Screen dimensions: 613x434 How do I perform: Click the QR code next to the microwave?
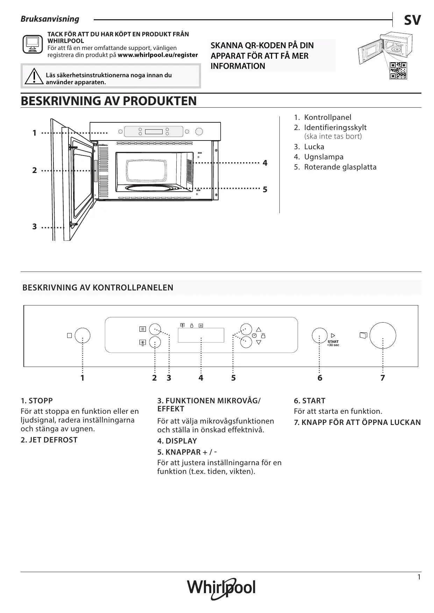tap(398, 71)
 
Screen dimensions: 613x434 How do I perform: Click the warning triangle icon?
tap(34, 77)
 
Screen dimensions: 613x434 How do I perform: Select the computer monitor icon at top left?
tap(32, 44)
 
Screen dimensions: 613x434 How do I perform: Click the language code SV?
tap(412, 20)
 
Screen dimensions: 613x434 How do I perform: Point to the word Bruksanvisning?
tap(50, 19)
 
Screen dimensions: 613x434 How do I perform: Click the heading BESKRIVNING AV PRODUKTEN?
tap(109, 101)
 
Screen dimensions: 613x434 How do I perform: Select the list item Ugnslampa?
tap(323, 157)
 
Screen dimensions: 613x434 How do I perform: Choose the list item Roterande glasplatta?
tap(340, 167)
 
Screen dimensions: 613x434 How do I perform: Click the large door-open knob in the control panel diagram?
tap(383, 336)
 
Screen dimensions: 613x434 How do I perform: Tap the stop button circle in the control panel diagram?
tap(83, 336)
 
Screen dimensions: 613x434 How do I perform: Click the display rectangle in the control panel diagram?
tap(201, 336)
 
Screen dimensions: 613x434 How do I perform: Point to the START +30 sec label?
tap(333, 343)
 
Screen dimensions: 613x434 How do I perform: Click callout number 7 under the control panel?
tap(383, 378)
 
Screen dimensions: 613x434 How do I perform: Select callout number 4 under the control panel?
tap(201, 378)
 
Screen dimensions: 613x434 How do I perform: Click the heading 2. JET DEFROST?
tap(49, 440)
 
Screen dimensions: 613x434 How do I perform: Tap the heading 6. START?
tap(310, 401)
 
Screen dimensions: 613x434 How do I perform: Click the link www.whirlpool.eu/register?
tap(158, 55)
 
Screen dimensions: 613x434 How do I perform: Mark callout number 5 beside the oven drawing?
tap(265, 189)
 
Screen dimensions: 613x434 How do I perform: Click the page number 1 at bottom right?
tap(419, 577)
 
